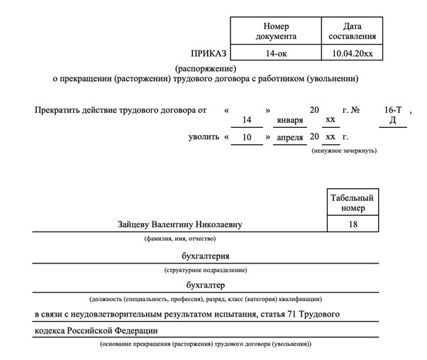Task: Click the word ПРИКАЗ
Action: pos(209,53)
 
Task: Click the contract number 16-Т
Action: pos(393,110)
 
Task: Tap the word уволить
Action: pos(204,136)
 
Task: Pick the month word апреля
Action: pos(288,136)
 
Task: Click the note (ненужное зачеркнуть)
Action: pos(343,151)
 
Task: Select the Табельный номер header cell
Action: pos(352,203)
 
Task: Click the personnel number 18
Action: pos(352,224)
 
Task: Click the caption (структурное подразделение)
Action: pos(205,270)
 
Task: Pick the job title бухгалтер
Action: pos(205,285)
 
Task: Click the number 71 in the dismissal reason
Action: pos(290,313)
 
